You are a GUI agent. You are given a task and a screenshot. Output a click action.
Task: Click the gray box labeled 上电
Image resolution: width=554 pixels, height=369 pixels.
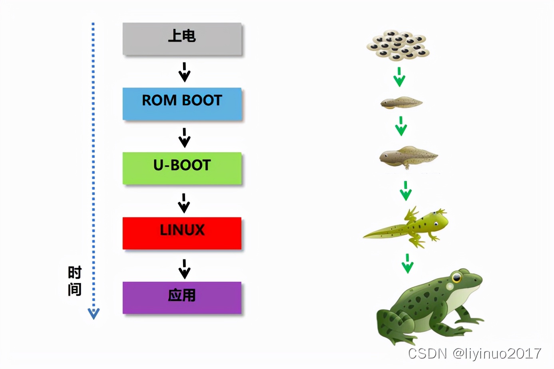(x=182, y=38)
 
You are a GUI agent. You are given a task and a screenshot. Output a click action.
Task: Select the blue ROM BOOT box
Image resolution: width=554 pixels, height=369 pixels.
(x=182, y=103)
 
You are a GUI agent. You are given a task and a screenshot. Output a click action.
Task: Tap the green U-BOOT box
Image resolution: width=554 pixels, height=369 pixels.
(x=182, y=168)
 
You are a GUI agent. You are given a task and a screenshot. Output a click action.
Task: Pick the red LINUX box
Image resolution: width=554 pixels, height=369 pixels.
(x=182, y=233)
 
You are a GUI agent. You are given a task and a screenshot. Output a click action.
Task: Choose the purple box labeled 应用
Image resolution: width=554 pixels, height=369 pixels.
(x=182, y=297)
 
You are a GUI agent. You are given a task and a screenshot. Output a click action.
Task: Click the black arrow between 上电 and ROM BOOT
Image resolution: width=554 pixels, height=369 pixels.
(x=184, y=72)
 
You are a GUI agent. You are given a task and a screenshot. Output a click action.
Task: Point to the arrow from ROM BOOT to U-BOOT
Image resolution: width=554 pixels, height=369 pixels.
(x=184, y=137)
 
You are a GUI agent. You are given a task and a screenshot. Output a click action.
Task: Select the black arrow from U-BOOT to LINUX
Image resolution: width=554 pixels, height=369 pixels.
(x=184, y=203)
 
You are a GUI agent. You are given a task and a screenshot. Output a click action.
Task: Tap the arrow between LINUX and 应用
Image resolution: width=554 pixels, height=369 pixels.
(x=184, y=269)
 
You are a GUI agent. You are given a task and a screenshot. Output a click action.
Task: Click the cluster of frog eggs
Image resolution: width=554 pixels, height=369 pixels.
(x=398, y=45)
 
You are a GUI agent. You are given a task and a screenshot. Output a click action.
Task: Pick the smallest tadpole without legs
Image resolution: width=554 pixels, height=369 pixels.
(x=401, y=103)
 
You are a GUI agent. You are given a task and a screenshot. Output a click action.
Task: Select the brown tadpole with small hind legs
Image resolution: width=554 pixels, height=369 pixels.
(x=408, y=156)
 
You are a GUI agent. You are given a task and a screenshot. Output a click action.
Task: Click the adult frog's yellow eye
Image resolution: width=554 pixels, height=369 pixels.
(x=456, y=277)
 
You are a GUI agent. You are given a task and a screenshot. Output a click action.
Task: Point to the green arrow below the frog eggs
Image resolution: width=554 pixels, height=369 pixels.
(x=399, y=77)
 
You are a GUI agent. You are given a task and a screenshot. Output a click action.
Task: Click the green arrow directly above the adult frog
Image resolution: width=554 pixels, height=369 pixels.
(x=407, y=263)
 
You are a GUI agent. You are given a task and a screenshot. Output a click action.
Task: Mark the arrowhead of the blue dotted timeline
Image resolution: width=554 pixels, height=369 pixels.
(x=94, y=313)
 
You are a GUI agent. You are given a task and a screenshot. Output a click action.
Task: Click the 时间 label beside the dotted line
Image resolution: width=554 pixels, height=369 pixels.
(x=75, y=281)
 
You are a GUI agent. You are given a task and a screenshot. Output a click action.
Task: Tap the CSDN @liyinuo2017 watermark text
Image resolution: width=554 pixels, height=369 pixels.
(x=474, y=353)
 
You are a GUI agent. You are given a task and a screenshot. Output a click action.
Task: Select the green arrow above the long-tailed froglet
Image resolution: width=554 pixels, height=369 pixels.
(x=406, y=191)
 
